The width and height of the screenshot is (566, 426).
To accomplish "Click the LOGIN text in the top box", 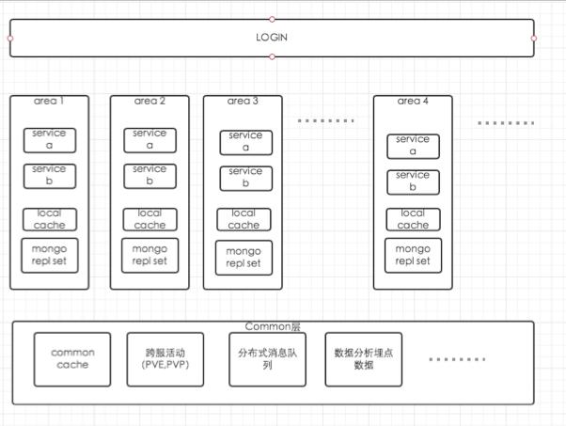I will [x=272, y=38].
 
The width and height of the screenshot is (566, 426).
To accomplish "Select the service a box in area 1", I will [x=49, y=139].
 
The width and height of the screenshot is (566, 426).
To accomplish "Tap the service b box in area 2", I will [x=149, y=175].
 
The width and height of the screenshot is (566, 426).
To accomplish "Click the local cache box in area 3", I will [x=244, y=219].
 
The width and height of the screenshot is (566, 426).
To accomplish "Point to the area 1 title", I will [x=49, y=101].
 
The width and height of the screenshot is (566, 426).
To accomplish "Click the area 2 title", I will [x=149, y=101].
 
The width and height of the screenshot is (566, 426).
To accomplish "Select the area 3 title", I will [x=243, y=101].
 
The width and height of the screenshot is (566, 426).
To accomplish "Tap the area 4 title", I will [x=413, y=101].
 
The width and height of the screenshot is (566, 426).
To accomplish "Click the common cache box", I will [x=72, y=358].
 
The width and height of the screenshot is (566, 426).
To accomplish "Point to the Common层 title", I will [x=273, y=327].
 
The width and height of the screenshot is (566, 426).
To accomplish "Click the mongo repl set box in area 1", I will [x=49, y=255].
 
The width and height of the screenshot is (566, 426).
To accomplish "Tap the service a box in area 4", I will [x=413, y=146].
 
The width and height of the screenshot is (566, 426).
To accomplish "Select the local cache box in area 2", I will [x=149, y=219].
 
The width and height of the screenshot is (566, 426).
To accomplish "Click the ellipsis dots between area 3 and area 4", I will [x=326, y=121].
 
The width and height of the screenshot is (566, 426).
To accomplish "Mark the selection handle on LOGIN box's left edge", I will [x=10, y=39].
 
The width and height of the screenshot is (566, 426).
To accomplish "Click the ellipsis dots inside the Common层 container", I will [x=457, y=359].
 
